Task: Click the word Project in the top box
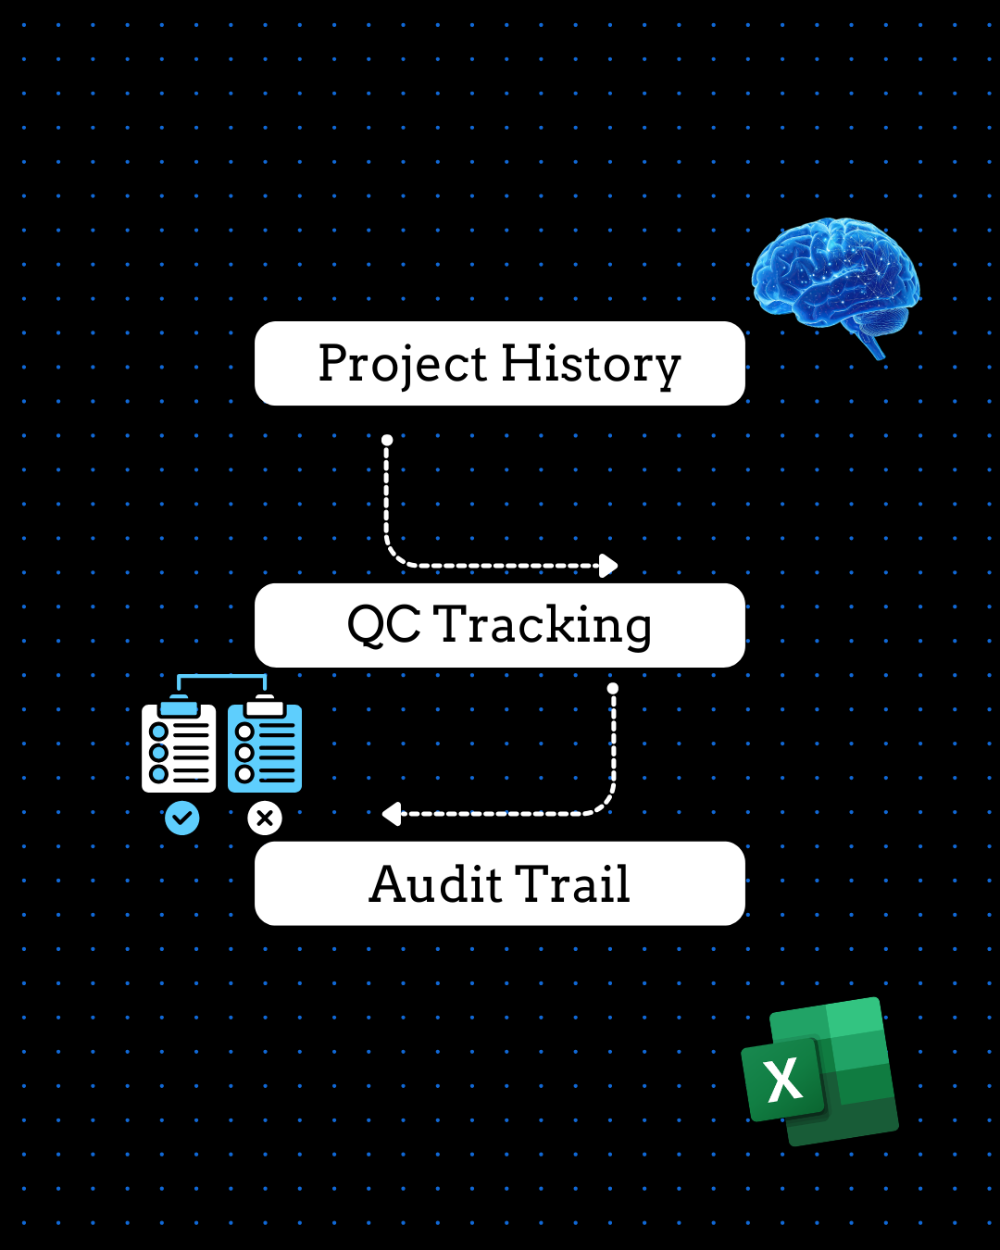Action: pyautogui.click(x=404, y=364)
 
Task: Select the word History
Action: pyautogui.click(x=591, y=364)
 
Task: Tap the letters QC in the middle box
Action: pyautogui.click(x=383, y=625)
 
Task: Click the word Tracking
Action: pyautogui.click(x=543, y=625)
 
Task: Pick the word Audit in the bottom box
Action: pyautogui.click(x=434, y=884)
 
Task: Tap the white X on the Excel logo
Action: pyautogui.click(x=784, y=1080)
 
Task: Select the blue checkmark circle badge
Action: pyautogui.click(x=181, y=818)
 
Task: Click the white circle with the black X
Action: pyautogui.click(x=265, y=818)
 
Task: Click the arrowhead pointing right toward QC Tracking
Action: pyautogui.click(x=608, y=565)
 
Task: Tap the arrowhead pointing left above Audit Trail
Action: pyautogui.click(x=392, y=814)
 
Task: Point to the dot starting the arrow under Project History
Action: pyautogui.click(x=387, y=440)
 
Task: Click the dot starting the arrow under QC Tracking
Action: pyautogui.click(x=612, y=689)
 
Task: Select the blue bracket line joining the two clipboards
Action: pyautogui.click(x=221, y=677)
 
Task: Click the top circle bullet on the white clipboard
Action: pyautogui.click(x=158, y=732)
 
